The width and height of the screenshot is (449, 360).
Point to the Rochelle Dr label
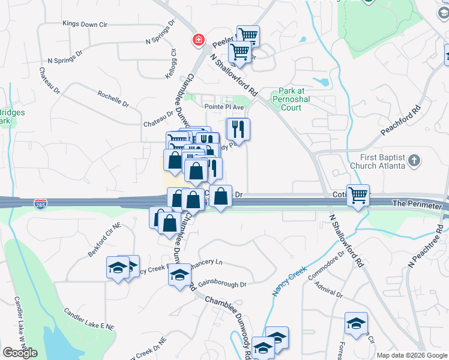(113, 98)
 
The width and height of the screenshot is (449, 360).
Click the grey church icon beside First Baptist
(414, 161)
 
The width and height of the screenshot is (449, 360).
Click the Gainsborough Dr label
(222, 284)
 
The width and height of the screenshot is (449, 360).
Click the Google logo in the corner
(20, 353)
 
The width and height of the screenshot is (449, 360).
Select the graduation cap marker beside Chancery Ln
(178, 275)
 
